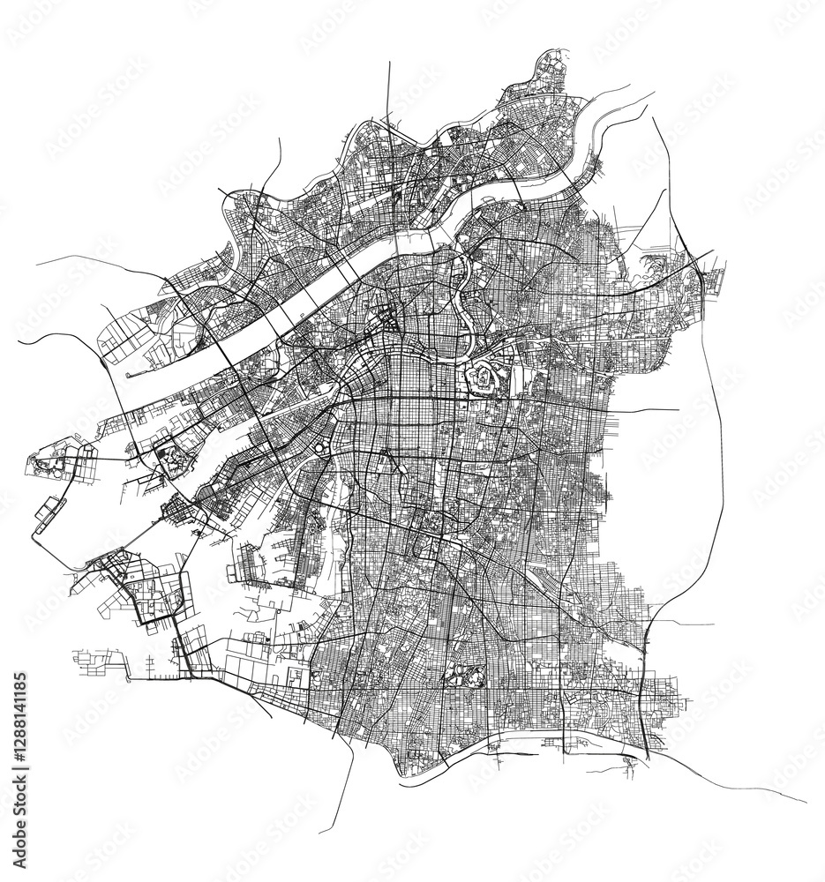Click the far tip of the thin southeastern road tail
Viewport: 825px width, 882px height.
pos(806,801)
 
